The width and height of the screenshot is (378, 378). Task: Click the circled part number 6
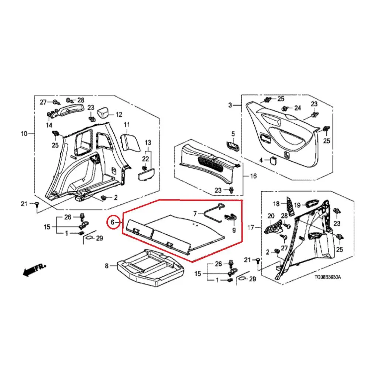tap(113, 222)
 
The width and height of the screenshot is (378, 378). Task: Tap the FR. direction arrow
tap(34, 270)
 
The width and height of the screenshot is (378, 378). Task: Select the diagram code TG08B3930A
tap(328, 277)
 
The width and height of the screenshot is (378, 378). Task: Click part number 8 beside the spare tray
tap(107, 266)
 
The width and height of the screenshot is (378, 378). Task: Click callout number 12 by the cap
tap(119, 114)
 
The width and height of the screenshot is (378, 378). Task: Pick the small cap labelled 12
tap(103, 112)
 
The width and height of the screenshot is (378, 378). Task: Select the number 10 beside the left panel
tap(24, 134)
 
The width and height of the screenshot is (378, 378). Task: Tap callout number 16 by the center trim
tap(253, 176)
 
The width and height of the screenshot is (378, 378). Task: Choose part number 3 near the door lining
tap(230, 105)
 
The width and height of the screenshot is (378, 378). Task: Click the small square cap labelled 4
tap(273, 160)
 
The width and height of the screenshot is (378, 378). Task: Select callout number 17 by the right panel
tap(251, 227)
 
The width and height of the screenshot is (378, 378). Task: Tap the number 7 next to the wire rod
tap(195, 213)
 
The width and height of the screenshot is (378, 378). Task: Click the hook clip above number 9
tap(230, 217)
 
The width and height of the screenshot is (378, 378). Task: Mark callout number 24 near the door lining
tap(298, 108)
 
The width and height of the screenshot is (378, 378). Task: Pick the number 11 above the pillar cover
tap(127, 124)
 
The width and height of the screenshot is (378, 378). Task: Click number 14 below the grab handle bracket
tap(49, 125)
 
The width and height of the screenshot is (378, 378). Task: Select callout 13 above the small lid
tap(148, 142)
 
